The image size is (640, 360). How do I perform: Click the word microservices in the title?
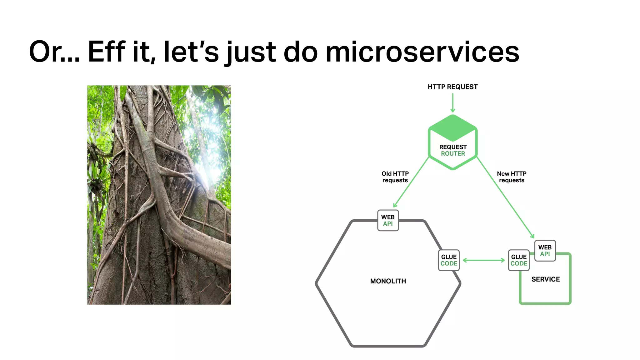pyautogui.click(x=422, y=52)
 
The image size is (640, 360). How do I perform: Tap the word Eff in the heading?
pyautogui.click(x=106, y=52)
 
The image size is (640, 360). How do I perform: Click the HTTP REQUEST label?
pyautogui.click(x=452, y=87)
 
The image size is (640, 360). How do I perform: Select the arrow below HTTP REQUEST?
pyautogui.click(x=452, y=103)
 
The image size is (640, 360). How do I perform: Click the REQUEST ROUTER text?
pyautogui.click(x=453, y=150)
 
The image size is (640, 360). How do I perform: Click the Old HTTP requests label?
pyautogui.click(x=395, y=177)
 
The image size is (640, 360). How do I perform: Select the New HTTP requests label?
pyautogui.click(x=512, y=177)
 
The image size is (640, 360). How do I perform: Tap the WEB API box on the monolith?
pyautogui.click(x=388, y=220)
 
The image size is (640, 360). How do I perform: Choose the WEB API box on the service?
pyautogui.click(x=545, y=251)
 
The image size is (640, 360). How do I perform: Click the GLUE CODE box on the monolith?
pyautogui.click(x=449, y=260)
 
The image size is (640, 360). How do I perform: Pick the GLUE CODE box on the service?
pyautogui.click(x=519, y=260)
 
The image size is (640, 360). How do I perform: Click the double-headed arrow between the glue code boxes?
pyautogui.click(x=483, y=260)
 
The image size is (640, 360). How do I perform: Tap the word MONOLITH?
pyautogui.click(x=388, y=281)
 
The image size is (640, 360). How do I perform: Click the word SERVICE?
pyautogui.click(x=545, y=279)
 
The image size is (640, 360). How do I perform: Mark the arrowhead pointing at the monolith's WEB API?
pyautogui.click(x=395, y=205)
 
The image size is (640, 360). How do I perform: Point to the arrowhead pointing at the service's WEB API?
pyautogui.click(x=532, y=236)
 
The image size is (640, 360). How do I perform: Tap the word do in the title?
pyautogui.click(x=301, y=52)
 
